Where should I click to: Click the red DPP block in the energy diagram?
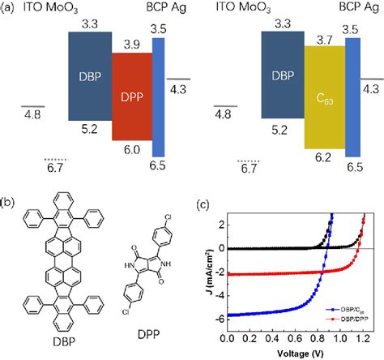point(131,96)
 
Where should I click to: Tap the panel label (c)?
point(203,201)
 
